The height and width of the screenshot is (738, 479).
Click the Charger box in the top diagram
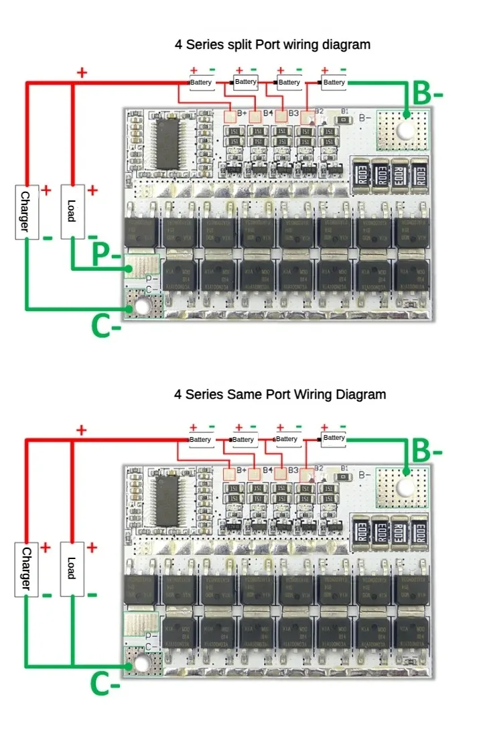click(x=25, y=212)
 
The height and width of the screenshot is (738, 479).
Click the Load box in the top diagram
click(x=72, y=211)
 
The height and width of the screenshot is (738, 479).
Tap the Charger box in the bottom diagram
click(x=25, y=569)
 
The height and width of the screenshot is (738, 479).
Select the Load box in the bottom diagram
click(x=72, y=568)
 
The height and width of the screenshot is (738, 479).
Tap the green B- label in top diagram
click(x=427, y=94)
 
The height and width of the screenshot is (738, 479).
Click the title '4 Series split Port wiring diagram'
click(x=273, y=45)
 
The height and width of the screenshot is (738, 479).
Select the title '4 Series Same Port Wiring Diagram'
click(x=280, y=394)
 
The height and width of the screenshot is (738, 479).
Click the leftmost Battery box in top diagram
click(x=201, y=82)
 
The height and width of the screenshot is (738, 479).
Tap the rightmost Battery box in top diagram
click(x=334, y=82)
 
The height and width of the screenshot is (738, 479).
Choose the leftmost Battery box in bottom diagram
click(x=200, y=440)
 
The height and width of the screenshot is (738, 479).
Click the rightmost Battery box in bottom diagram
click(x=334, y=438)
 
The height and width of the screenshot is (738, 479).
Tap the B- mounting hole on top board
click(x=406, y=130)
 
